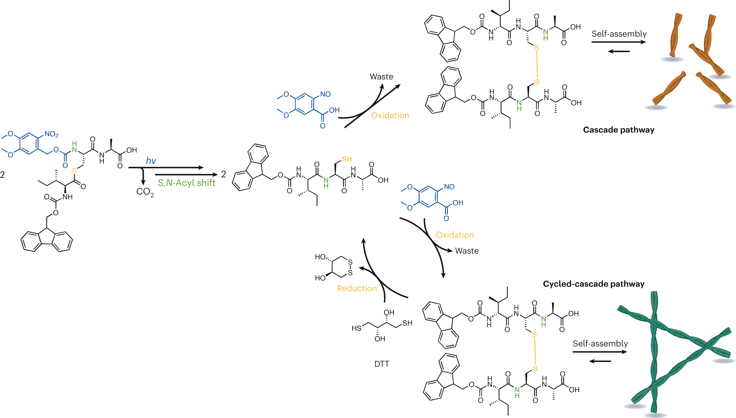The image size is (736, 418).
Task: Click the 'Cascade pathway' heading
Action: point(618,130)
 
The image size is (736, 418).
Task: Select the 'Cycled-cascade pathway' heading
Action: point(593,284)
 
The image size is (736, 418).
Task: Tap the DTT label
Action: point(382,364)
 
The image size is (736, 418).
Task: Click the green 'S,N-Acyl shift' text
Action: point(186,183)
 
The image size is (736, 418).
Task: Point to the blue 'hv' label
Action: point(151,161)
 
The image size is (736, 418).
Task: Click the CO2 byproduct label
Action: point(145,192)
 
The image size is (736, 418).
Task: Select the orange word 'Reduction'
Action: point(357,288)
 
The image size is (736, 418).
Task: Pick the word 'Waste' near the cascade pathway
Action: point(381,77)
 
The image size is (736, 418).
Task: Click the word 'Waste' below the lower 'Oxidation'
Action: point(467,251)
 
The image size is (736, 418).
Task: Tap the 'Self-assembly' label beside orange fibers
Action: point(619,34)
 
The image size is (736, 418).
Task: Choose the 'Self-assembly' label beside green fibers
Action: point(600,344)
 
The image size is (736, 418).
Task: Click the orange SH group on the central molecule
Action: point(347,159)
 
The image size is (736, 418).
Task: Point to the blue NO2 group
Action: point(51,134)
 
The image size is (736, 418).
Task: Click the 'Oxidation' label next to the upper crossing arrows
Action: point(390,116)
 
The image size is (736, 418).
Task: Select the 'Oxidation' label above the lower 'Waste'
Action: point(454,235)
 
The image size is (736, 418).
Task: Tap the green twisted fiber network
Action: point(673,351)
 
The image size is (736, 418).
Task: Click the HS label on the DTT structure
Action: point(356,328)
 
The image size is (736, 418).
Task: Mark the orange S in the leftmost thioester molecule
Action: point(74,171)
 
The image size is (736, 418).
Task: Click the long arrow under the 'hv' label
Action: point(166,168)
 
